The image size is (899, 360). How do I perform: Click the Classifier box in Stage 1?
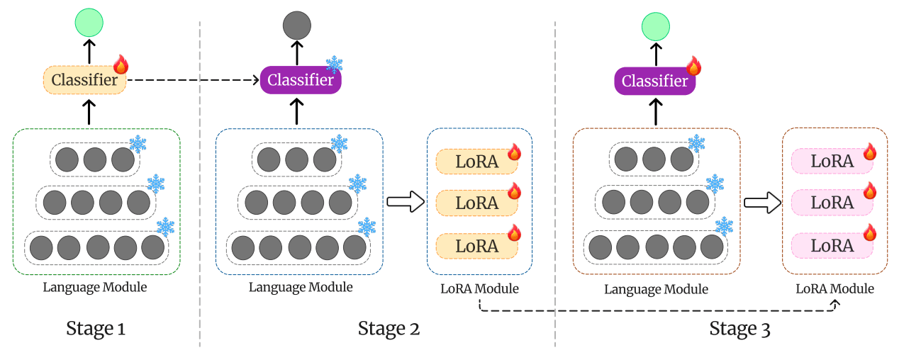[84, 80]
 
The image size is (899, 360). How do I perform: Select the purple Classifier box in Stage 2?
[301, 80]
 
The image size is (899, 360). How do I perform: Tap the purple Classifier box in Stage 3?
[654, 81]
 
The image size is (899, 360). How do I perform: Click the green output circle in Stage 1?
[89, 23]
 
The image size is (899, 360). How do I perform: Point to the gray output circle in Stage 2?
[297, 25]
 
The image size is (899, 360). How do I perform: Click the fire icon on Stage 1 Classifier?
[121, 65]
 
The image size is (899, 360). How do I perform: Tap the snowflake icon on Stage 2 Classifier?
[334, 65]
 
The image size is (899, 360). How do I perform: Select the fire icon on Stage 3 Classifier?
[693, 67]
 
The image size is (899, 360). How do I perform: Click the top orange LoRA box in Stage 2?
[476, 162]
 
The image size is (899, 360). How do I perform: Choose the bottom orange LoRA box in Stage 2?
[476, 246]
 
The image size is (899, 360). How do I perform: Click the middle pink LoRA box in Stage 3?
[832, 203]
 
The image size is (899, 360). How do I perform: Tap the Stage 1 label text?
[96, 328]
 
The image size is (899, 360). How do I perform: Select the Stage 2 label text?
[389, 328]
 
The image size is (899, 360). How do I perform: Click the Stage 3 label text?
[739, 329]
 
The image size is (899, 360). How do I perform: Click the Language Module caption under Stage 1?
[95, 287]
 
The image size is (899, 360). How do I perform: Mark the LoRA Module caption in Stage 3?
[834, 289]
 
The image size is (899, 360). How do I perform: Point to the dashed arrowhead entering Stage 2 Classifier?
[255, 80]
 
